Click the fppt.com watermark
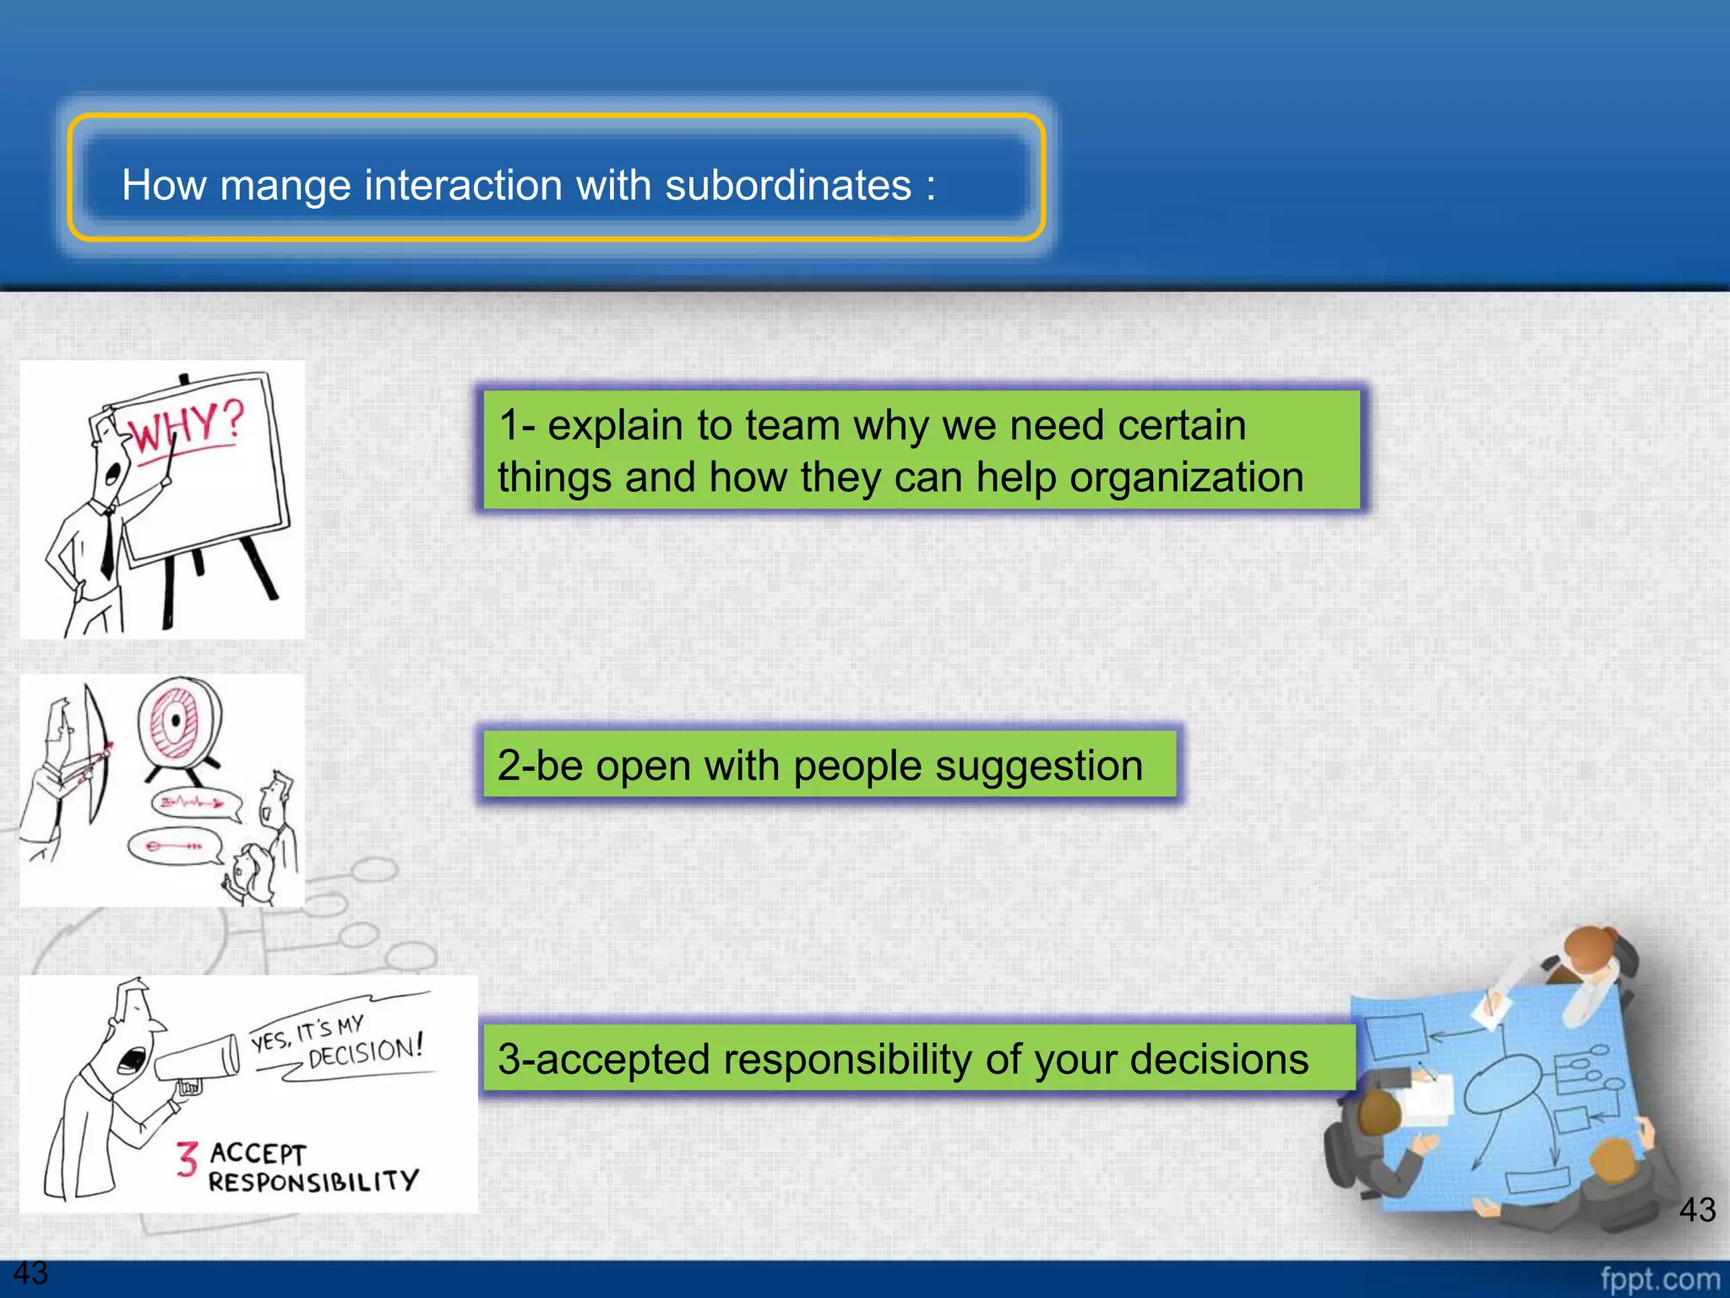point(1660,1279)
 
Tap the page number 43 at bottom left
point(30,1273)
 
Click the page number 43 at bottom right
point(1696,1209)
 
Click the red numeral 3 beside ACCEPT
point(187,1159)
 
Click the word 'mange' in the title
point(285,185)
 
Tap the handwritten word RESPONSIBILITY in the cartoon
point(313,1181)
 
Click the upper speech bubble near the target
point(195,803)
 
